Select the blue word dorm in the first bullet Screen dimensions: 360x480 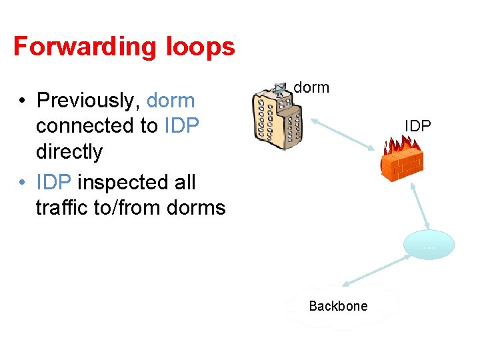coord(171,101)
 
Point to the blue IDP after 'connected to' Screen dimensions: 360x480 coord(181,126)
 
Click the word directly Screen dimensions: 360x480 coord(69,152)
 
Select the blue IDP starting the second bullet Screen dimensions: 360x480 coord(54,182)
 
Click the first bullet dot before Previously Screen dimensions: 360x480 coord(22,101)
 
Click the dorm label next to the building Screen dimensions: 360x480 coord(311,87)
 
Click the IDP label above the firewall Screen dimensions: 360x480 coord(418,125)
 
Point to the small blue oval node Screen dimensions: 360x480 coord(429,245)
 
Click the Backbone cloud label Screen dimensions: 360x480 coord(338,306)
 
